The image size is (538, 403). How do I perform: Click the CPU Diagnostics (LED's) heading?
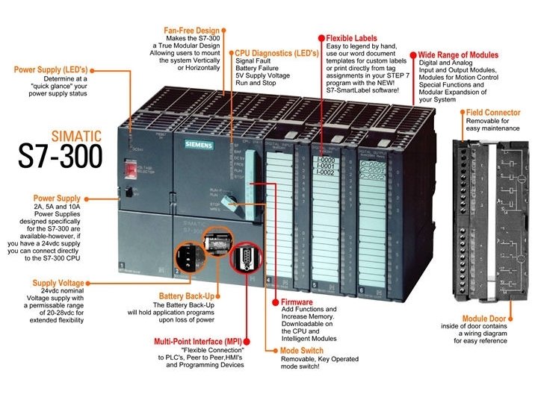(x=273, y=54)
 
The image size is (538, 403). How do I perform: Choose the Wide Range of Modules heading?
(x=457, y=55)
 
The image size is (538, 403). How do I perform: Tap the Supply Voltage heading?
(x=58, y=284)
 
